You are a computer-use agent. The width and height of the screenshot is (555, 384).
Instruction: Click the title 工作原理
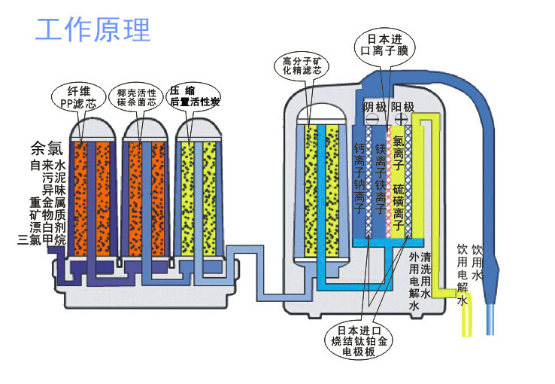93,29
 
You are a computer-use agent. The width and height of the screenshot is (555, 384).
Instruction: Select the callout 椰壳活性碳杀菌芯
136,97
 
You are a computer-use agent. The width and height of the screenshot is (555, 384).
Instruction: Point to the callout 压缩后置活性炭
194,96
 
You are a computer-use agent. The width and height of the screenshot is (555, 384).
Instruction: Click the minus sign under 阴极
372,120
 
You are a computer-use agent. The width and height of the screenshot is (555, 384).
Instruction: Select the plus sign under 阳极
402,120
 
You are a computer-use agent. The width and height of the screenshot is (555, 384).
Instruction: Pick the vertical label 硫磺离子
400,206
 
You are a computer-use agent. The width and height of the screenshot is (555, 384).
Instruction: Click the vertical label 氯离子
399,151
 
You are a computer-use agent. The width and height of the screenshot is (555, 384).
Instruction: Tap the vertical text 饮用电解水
462,275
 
